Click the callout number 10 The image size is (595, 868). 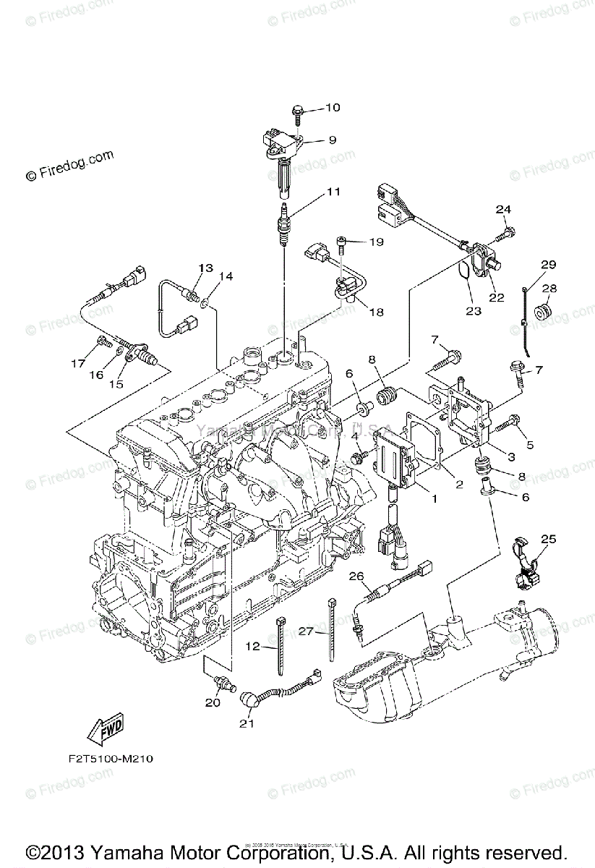[x=332, y=109]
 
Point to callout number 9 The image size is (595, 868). [x=332, y=140]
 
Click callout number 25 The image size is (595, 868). [x=548, y=539]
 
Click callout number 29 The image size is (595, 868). [x=548, y=265]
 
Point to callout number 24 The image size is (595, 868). [x=504, y=210]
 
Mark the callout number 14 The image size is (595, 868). [x=226, y=276]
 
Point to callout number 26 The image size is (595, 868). [x=355, y=576]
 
